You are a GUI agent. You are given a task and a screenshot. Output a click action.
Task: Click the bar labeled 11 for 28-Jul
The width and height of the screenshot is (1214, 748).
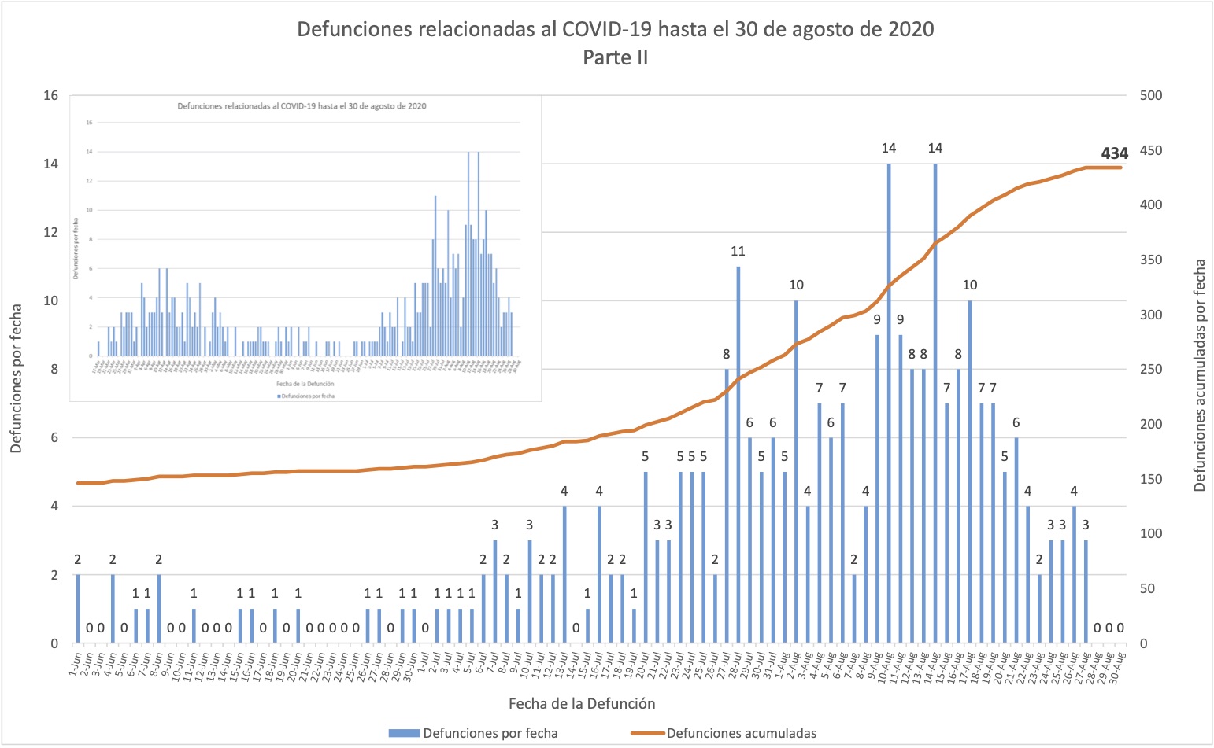click(x=738, y=456)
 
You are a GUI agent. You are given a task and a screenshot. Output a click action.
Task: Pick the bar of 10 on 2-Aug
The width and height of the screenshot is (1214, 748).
click(x=796, y=472)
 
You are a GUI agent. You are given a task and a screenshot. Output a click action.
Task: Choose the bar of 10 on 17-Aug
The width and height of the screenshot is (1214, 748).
click(x=970, y=472)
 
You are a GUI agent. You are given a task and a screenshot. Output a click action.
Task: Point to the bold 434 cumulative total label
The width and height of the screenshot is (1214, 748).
click(x=1114, y=154)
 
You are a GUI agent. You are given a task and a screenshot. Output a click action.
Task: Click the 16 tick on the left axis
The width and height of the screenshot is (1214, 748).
click(x=51, y=96)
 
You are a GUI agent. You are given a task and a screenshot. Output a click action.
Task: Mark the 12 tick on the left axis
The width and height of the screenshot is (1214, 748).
click(x=51, y=233)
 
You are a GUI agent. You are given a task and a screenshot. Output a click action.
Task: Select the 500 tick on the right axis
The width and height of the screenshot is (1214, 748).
click(x=1151, y=96)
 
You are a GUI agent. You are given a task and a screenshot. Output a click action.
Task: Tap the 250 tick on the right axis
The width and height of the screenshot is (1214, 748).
click(x=1151, y=370)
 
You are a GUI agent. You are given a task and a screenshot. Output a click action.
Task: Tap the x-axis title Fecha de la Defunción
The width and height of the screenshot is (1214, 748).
click(x=582, y=703)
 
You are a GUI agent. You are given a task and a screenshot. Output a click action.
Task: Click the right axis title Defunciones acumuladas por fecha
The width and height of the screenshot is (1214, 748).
click(x=1199, y=376)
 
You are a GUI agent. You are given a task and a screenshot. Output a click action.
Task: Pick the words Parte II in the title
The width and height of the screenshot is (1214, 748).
click(x=615, y=57)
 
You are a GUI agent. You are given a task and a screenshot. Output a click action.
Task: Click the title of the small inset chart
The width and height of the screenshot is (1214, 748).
click(x=302, y=106)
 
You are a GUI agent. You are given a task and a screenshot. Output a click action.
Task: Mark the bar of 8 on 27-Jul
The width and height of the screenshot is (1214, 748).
click(x=727, y=507)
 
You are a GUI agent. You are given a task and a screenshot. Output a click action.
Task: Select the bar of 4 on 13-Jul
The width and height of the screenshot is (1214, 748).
click(x=564, y=575)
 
